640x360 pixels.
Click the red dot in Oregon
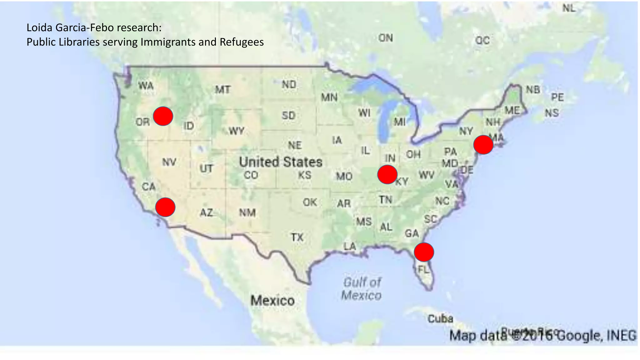tap(163, 116)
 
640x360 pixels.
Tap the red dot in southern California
tap(165, 207)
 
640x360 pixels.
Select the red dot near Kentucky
tap(387, 174)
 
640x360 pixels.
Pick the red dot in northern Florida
tap(424, 252)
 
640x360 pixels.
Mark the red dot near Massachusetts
tap(483, 145)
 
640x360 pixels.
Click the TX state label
tap(297, 237)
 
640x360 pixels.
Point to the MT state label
tap(222, 90)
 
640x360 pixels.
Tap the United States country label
tap(280, 162)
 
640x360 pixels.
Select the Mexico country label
tap(272, 301)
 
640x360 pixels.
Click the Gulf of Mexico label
tap(362, 289)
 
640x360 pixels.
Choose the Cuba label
tap(440, 319)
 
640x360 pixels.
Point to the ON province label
tap(385, 38)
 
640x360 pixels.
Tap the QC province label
tap(482, 40)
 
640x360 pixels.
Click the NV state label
tap(169, 162)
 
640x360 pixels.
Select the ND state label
tap(289, 85)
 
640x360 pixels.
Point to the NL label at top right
tap(569, 8)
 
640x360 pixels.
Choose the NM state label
tap(247, 213)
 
